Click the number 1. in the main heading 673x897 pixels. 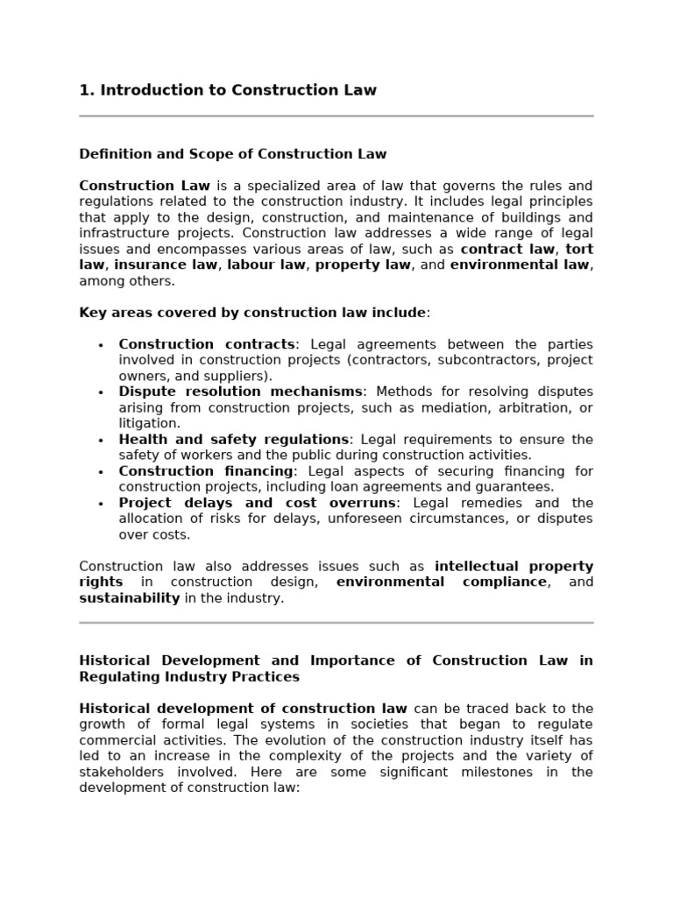coord(87,90)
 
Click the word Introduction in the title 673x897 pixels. coord(144,90)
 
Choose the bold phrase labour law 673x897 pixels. coord(267,265)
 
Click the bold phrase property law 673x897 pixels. coord(363,265)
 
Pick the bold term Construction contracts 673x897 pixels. coord(207,344)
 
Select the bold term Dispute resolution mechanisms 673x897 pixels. coord(240,392)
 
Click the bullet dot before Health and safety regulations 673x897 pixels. coord(101,441)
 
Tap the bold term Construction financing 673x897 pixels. coord(206,471)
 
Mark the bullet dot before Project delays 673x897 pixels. coord(101,504)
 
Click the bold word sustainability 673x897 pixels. coord(130,598)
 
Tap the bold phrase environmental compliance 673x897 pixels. coord(442,583)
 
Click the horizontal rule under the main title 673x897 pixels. coord(336,116)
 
